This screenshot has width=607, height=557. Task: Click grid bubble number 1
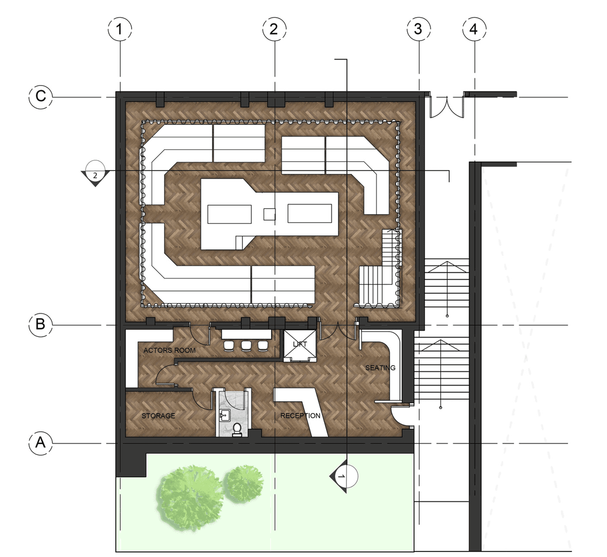120,29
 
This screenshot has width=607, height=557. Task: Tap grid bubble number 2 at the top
274,29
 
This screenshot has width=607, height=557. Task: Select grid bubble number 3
419,29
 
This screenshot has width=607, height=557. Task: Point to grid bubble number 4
474,29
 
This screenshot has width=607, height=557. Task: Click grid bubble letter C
41,97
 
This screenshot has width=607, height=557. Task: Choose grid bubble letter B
41,325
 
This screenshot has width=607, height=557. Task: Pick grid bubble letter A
41,443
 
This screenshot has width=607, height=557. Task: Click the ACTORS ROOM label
170,350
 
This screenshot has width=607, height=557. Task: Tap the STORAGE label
158,416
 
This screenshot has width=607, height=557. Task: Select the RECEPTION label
300,416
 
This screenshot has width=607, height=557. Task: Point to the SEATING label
380,368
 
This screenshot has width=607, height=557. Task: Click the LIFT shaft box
300,345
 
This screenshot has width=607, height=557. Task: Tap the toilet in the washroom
237,429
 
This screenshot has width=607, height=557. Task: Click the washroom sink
224,416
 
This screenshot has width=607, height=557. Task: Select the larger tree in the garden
190,498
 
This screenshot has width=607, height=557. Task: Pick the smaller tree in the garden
243,484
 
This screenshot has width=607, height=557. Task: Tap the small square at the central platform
269,214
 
